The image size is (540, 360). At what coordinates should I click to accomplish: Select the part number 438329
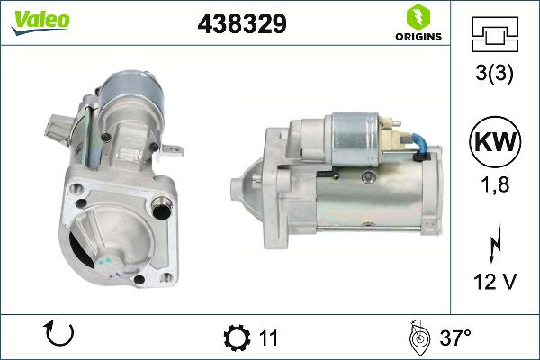pyautogui.click(x=241, y=25)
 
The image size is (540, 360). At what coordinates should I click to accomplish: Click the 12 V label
pyautogui.click(x=494, y=282)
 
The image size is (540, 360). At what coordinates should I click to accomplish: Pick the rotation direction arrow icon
pyautogui.click(x=58, y=336)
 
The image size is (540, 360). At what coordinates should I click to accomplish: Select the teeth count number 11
pyautogui.click(x=268, y=338)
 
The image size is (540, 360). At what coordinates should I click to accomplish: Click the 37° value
pyautogui.click(x=455, y=338)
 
